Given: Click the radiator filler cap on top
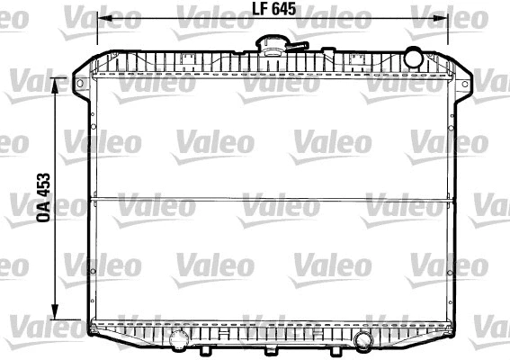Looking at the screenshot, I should pos(272,43).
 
